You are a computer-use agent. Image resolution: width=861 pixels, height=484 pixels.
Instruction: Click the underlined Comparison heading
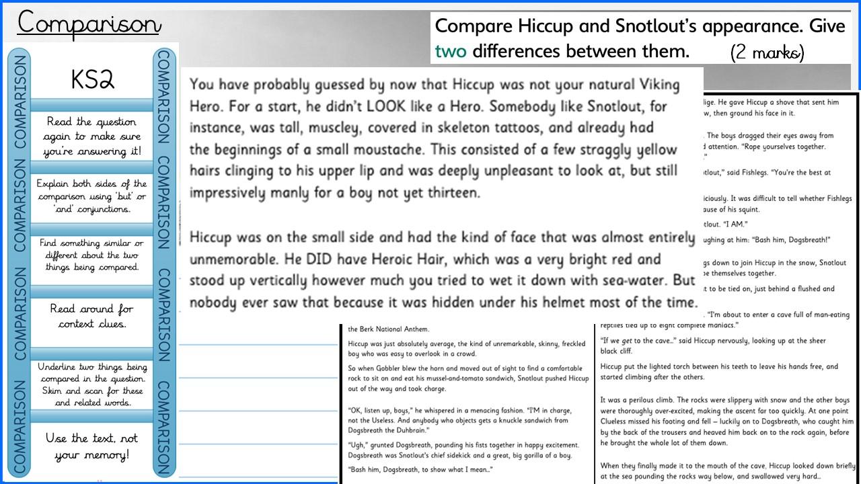pos(89,23)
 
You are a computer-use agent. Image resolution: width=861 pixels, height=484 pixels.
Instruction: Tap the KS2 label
pos(93,80)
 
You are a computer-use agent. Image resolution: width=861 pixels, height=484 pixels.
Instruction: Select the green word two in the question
pos(451,51)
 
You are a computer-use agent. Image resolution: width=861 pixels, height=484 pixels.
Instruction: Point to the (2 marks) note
pos(768,53)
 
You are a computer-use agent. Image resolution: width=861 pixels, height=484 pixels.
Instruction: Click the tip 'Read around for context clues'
pos(93,316)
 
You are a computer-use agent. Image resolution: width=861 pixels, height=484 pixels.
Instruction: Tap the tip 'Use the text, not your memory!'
pos(92,446)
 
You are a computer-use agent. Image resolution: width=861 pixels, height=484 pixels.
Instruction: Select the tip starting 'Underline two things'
pos(92,385)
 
